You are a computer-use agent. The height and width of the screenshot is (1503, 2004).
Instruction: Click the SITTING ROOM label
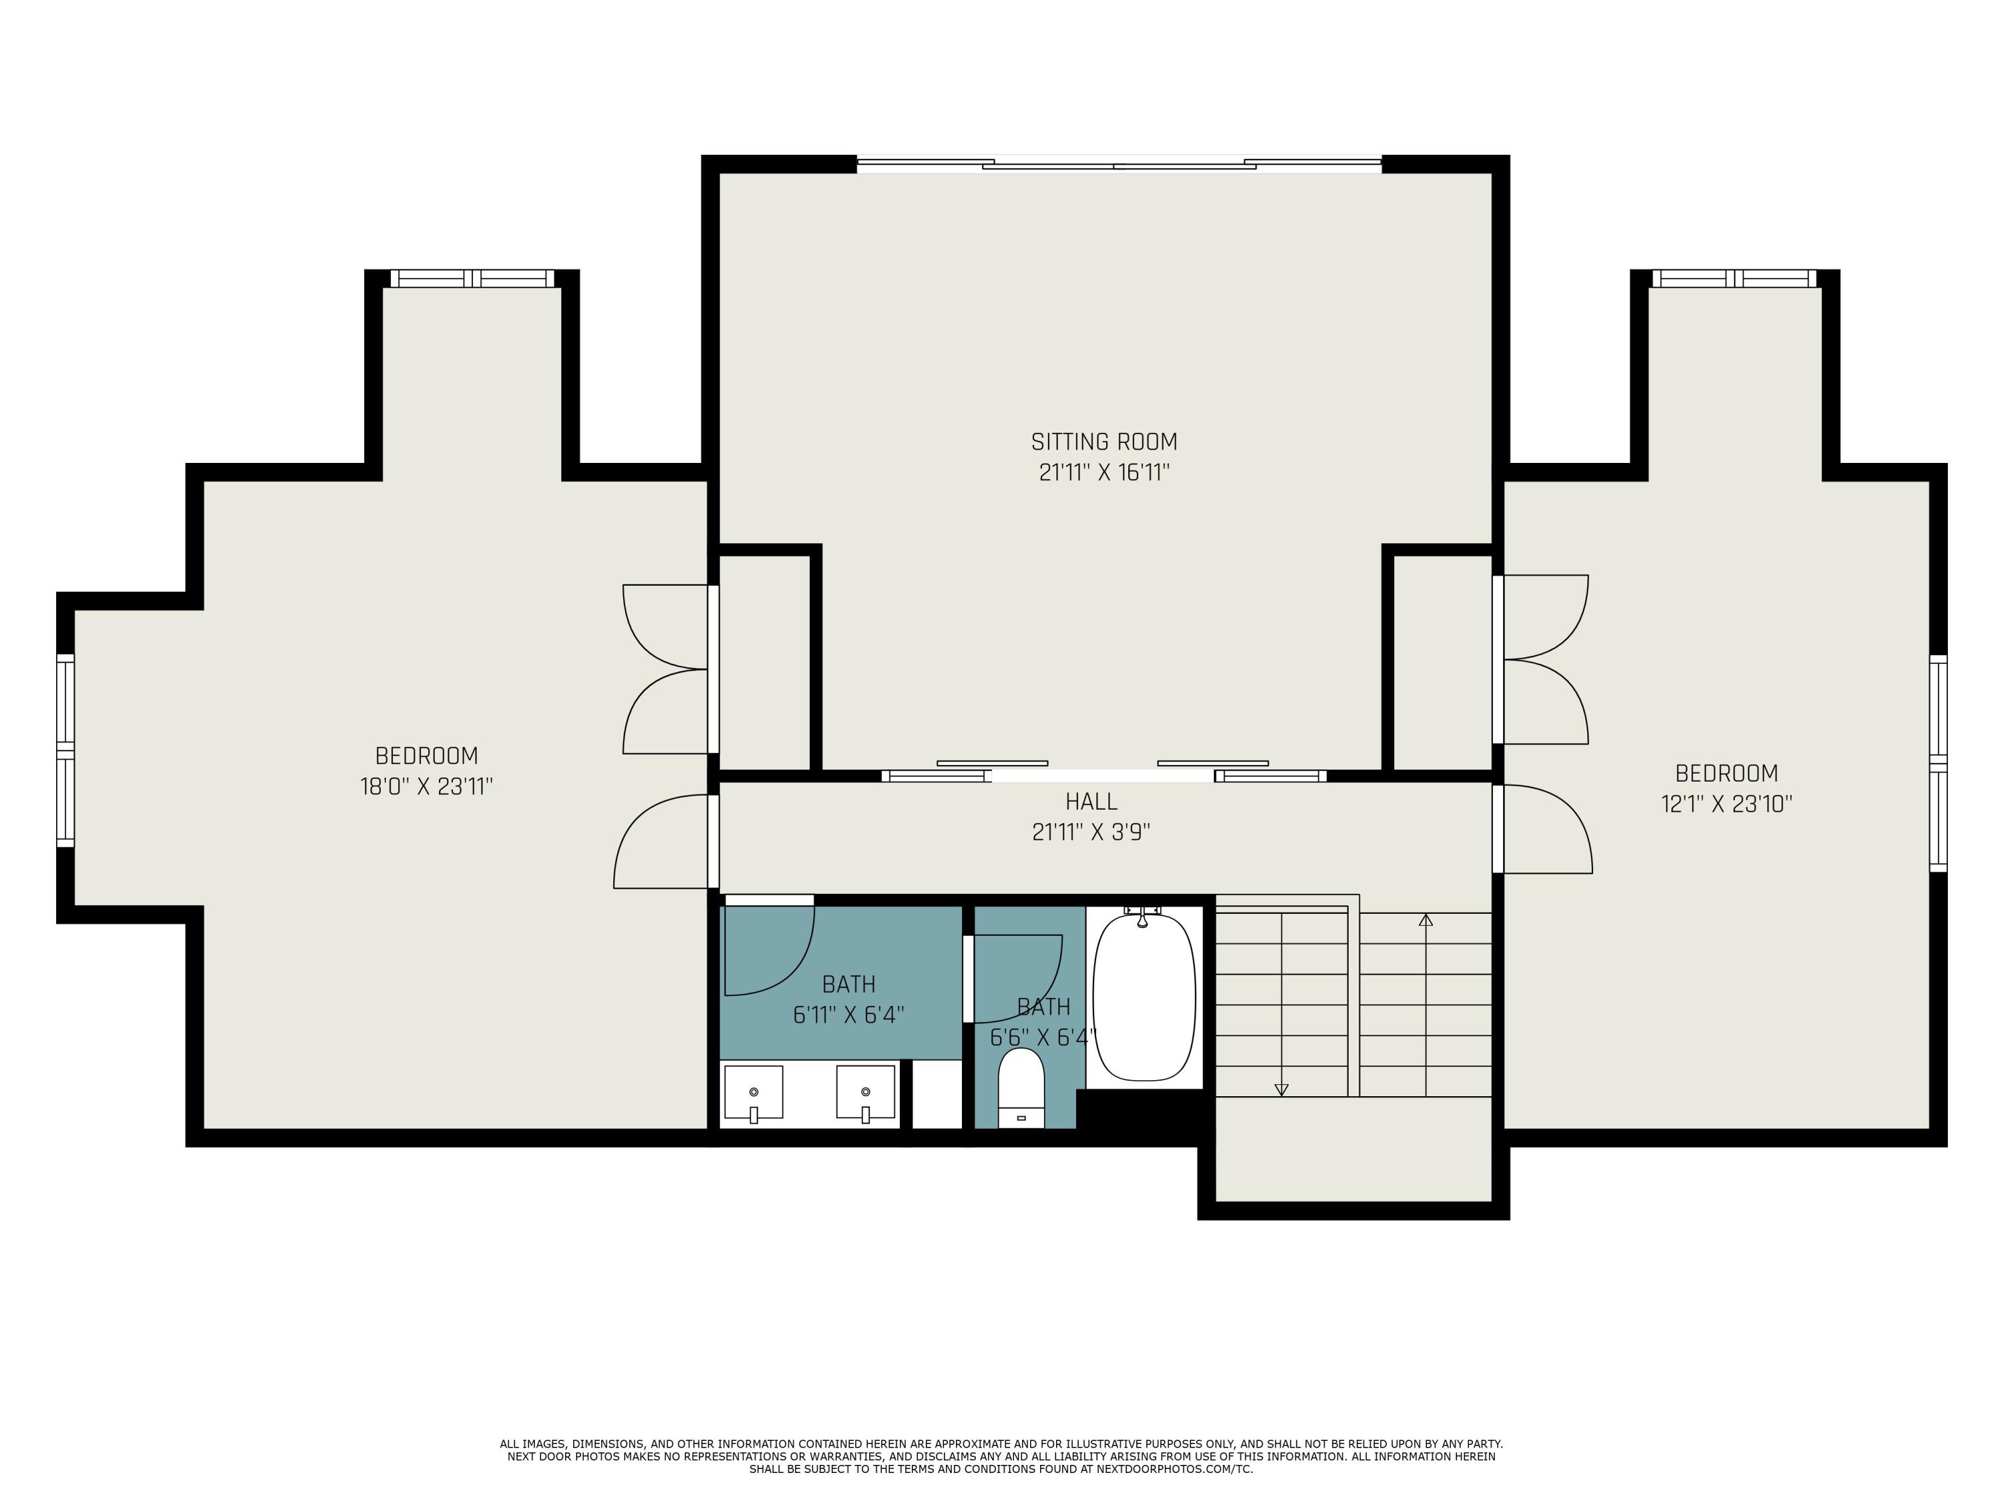[1104, 442]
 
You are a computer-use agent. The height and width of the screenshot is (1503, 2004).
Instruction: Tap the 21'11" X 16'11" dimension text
[1104, 473]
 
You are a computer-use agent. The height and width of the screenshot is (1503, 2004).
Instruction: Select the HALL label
[1091, 802]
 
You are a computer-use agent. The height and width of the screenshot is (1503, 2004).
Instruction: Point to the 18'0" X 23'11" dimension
[426, 786]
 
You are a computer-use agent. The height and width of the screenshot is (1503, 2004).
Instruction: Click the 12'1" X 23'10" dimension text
[1726, 804]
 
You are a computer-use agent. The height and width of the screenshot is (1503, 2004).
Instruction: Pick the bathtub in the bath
[1144, 997]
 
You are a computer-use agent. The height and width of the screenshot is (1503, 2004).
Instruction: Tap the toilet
[1021, 1089]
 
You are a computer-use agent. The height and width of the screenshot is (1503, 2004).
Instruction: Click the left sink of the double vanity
[753, 1093]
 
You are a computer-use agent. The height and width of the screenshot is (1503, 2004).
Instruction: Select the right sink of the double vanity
[865, 1093]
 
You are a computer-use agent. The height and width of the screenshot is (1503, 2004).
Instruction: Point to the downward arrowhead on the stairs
[1281, 1090]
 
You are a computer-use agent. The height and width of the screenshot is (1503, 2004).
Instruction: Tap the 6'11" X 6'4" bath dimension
[849, 1015]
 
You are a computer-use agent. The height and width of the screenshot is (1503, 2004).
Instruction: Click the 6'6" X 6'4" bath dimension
[1043, 1037]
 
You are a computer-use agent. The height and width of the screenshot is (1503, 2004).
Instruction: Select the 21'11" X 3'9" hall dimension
[1091, 832]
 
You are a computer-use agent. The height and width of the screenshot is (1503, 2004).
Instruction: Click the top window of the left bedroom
[471, 278]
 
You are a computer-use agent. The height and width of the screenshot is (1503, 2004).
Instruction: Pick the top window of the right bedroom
[1734, 278]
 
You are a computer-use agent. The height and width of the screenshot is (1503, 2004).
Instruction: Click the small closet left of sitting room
[765, 662]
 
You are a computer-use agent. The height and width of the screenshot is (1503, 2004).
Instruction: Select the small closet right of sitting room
[1442, 662]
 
